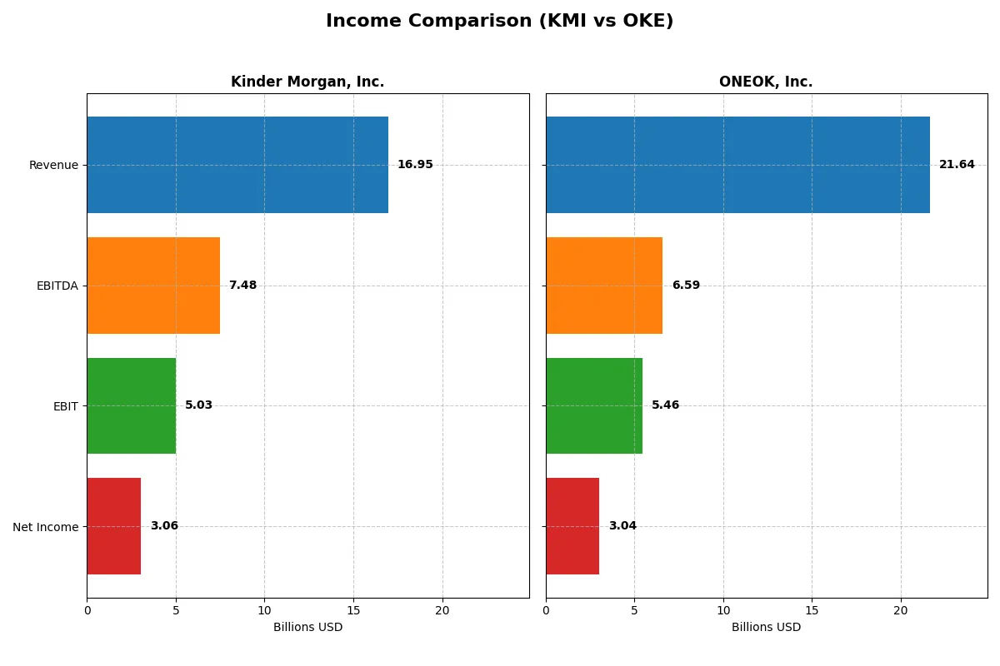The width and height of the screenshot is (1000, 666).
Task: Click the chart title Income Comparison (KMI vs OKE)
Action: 499,22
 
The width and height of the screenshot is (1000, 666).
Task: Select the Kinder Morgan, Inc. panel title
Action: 307,82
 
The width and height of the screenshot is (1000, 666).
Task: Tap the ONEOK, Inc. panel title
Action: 766,82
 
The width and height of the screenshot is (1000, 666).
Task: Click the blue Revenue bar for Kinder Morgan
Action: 237,165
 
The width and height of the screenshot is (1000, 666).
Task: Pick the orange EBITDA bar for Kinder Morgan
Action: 153,286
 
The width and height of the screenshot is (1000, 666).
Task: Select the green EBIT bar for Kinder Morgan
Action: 132,405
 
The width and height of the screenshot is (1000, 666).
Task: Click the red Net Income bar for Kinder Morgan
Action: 114,526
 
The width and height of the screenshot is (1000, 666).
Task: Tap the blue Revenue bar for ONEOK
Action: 737,165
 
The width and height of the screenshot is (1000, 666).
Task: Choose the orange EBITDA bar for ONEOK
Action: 604,286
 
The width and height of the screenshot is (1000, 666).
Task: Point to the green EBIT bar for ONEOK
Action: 594,405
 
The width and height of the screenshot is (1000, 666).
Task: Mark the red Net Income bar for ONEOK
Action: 572,526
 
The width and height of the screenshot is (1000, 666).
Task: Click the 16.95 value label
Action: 415,165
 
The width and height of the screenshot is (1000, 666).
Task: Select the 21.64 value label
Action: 957,165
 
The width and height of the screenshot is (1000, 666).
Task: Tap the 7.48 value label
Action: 242,286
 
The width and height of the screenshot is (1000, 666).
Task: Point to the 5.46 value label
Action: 666,405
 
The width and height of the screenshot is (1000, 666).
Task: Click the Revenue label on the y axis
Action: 53,165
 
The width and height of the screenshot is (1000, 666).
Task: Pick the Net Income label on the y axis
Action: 46,526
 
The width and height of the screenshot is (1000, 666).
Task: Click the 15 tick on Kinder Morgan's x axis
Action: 353,610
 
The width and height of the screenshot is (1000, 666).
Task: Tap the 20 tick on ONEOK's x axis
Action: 901,610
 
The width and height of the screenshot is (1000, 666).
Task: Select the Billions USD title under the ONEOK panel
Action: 766,627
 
